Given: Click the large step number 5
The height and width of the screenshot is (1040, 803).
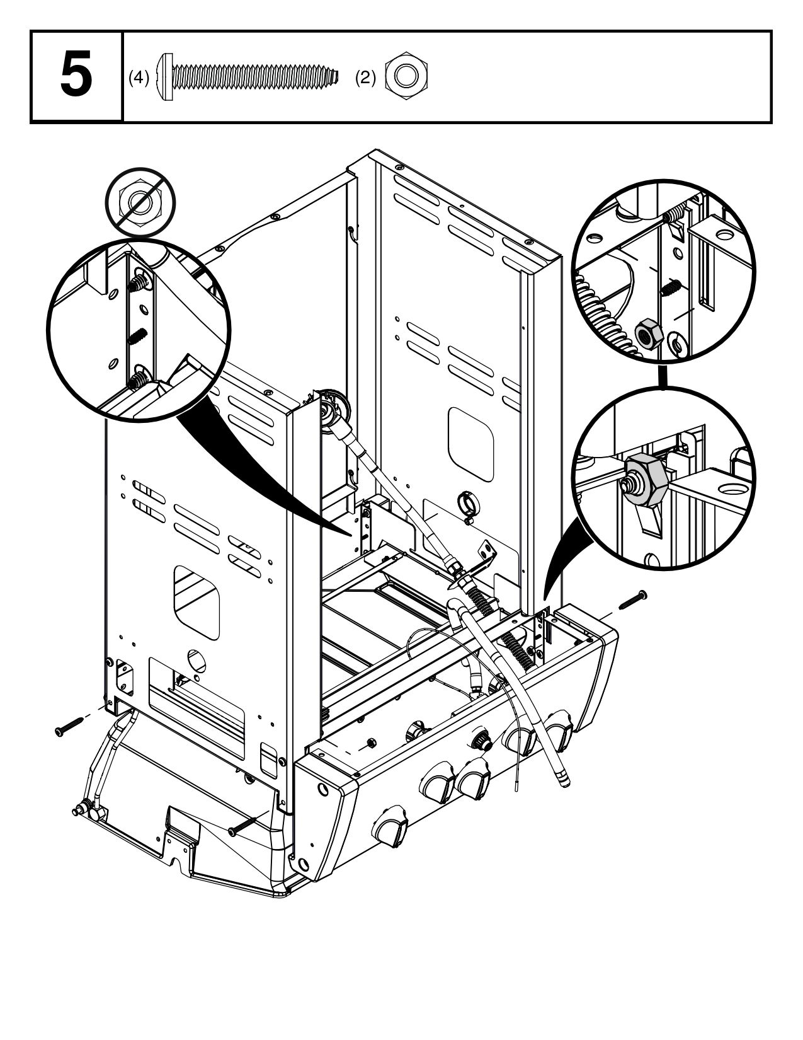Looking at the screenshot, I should pyautogui.click(x=76, y=76).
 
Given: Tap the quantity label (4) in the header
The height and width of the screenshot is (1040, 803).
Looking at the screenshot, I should pyautogui.click(x=139, y=78).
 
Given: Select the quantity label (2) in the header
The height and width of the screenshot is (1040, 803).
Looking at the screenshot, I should pyautogui.click(x=365, y=78).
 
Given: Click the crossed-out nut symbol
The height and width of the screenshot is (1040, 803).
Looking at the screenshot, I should pyautogui.click(x=140, y=202).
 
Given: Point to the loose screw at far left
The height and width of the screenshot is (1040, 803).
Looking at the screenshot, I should pyautogui.click(x=69, y=726).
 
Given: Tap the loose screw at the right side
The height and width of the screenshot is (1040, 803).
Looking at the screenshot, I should pyautogui.click(x=633, y=599).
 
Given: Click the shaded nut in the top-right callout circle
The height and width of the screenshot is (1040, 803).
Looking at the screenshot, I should pyautogui.click(x=647, y=333).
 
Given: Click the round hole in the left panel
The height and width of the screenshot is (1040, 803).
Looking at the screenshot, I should pyautogui.click(x=197, y=660).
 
